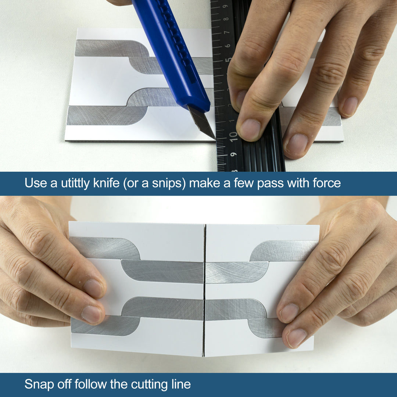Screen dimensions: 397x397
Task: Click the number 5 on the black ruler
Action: pyautogui.click(x=228, y=59)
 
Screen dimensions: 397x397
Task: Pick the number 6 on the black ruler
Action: pyautogui.click(x=228, y=46)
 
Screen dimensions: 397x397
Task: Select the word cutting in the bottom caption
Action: pyautogui.click(x=145, y=385)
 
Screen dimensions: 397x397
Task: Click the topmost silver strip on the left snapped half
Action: pyautogui.click(x=105, y=248)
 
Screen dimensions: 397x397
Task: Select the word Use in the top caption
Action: pyautogui.click(x=36, y=183)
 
